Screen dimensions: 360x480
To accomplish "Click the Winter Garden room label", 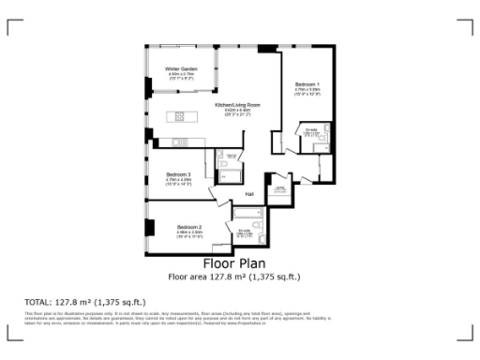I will [x=180, y=69].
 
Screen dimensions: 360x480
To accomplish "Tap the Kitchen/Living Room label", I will [x=237, y=105].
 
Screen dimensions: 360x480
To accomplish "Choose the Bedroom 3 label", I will [x=178, y=174].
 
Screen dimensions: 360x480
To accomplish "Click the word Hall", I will [x=249, y=194].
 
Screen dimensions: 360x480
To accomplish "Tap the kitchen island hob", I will [x=177, y=116].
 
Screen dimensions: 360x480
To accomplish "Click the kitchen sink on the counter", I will [x=179, y=142].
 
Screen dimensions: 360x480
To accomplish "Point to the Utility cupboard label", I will [x=279, y=188].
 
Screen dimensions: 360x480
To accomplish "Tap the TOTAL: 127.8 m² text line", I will [x=85, y=302].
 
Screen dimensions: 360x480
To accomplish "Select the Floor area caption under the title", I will [x=233, y=277].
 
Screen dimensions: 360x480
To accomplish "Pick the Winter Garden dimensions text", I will [x=180, y=78].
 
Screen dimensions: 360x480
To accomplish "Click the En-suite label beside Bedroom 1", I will [x=309, y=130].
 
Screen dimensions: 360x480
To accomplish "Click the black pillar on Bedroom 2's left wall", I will [x=150, y=227].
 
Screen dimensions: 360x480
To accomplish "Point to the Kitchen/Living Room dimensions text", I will [x=237, y=113].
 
